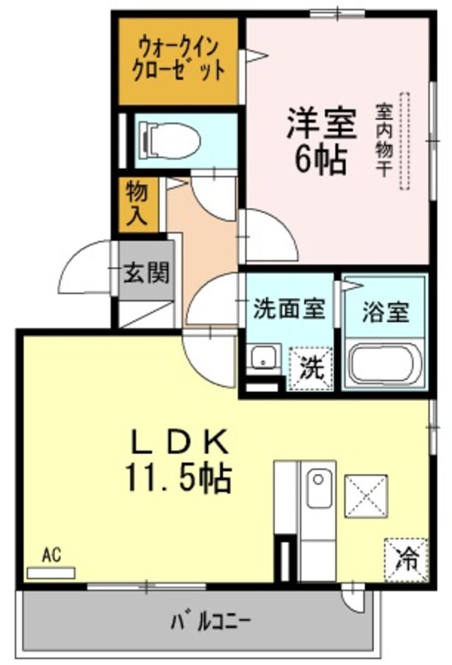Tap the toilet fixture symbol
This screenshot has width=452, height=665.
click(x=173, y=140)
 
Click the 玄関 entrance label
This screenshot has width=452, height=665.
click(x=146, y=272)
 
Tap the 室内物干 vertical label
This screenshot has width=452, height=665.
click(x=383, y=140)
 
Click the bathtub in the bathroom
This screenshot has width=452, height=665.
click(x=384, y=365)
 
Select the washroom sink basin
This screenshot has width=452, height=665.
click(x=263, y=359)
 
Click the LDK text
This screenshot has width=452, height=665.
click(x=179, y=441)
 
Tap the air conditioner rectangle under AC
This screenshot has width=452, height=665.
click(x=50, y=572)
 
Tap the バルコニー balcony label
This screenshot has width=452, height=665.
click(x=210, y=622)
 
